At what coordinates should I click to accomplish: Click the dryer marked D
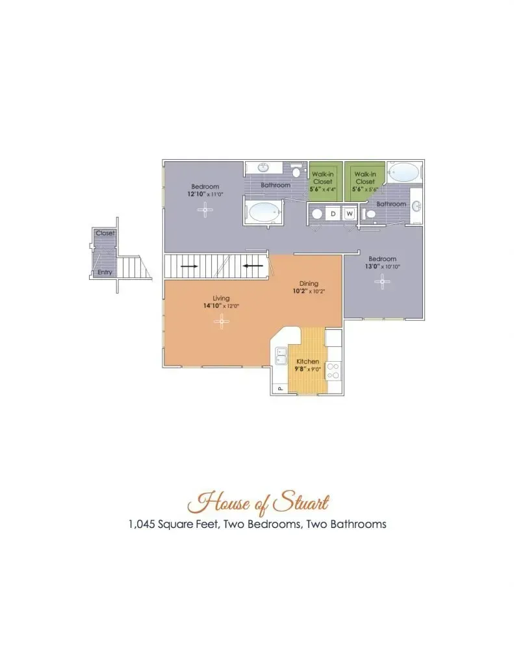(333, 214)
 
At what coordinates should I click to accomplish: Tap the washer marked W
(350, 214)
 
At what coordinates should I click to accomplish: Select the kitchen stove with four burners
(333, 370)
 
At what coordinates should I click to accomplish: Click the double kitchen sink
(281, 356)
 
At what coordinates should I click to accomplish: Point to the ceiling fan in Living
(221, 322)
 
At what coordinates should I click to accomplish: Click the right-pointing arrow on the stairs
(189, 266)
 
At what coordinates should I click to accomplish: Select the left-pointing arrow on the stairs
(253, 266)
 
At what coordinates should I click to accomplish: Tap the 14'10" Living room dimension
(212, 306)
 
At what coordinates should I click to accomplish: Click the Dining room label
(309, 284)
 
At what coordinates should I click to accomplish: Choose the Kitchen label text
(308, 361)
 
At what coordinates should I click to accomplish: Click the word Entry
(105, 272)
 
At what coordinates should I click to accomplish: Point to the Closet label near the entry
(105, 233)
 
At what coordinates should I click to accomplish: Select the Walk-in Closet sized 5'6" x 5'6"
(364, 182)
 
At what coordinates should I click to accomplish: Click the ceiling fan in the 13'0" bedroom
(382, 282)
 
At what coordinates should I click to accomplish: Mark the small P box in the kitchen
(279, 388)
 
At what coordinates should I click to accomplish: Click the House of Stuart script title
(258, 503)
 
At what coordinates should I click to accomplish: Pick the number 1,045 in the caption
(142, 525)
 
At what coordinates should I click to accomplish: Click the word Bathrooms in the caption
(358, 524)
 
